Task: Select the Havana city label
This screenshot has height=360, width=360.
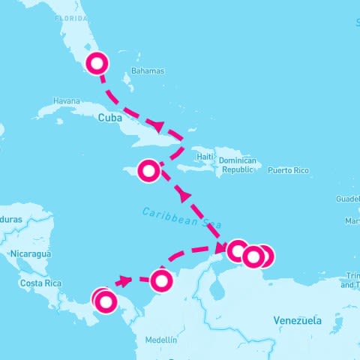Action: [67, 101]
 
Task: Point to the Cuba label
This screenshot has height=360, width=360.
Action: [110, 117]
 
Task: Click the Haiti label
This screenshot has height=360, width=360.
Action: [205, 157]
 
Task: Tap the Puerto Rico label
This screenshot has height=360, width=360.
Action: [288, 170]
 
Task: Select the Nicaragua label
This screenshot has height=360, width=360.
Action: [31, 254]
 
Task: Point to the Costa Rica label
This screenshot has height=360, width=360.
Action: [40, 283]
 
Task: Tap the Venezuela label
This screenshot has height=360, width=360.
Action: [297, 320]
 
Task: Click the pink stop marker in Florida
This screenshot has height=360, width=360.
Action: [97, 63]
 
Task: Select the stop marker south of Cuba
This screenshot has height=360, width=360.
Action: [149, 171]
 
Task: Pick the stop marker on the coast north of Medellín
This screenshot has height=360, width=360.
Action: [161, 280]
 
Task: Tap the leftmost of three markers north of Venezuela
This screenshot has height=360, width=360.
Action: [237, 250]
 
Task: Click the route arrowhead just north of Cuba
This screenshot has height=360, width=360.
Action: [157, 124]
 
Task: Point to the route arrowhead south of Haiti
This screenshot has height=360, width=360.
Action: [184, 196]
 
